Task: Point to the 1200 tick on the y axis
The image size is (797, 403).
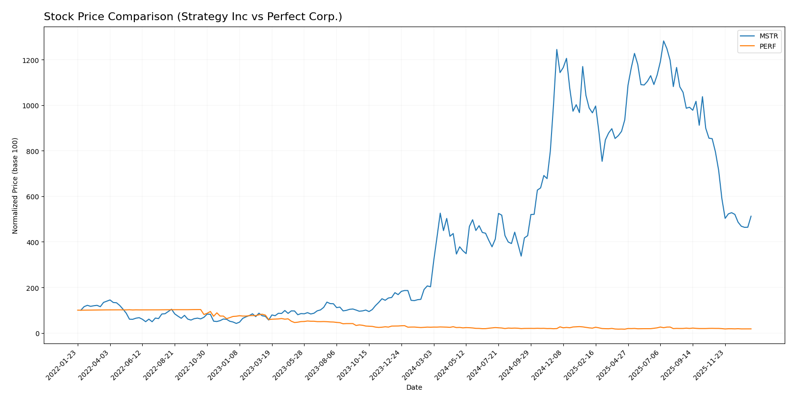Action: (32, 60)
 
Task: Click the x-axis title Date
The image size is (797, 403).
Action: (414, 388)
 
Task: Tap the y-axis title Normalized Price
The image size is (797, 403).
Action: (15, 186)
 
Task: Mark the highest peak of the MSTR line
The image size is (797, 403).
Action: (663, 41)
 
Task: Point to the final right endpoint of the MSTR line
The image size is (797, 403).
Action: (751, 216)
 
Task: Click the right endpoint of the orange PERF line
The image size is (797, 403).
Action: (751, 329)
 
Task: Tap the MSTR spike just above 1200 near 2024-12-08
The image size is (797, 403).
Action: (556, 49)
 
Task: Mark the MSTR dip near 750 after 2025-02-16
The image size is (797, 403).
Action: (602, 161)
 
